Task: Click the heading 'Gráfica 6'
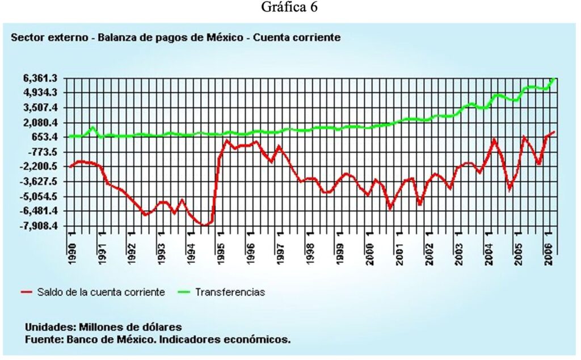click(x=290, y=8)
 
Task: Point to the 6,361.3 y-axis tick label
click(x=36, y=78)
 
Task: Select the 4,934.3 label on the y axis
click(x=36, y=93)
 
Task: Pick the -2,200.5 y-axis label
click(x=35, y=167)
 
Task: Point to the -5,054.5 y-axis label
click(x=35, y=196)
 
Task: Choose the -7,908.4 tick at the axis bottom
click(x=35, y=226)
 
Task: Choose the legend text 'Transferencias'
click(x=230, y=292)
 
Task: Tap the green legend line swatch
click(x=182, y=292)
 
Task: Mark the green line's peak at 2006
click(x=554, y=78)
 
